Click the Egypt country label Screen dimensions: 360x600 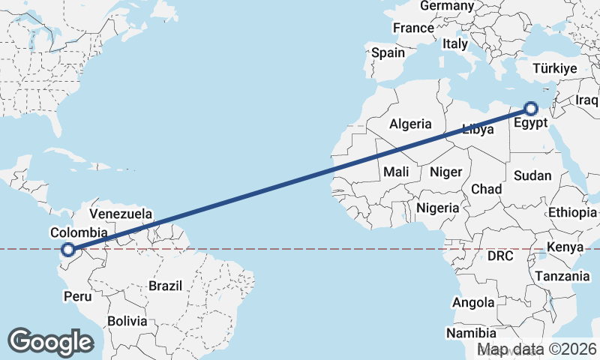tap(532, 123)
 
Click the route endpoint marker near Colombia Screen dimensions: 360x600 tap(68, 249)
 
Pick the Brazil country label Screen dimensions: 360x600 tap(166, 286)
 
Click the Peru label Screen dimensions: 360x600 tap(77, 296)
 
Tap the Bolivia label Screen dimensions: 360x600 tap(127, 321)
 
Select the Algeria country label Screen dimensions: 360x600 tap(410, 124)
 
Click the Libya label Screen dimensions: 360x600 tap(477, 129)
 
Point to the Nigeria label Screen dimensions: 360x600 tap(437, 207)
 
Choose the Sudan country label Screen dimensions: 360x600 tap(532, 175)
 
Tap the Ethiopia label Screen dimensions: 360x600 tap(572, 213)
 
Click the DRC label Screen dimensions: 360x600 tap(500, 256)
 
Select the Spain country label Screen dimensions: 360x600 tap(388, 53)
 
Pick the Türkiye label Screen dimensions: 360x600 tap(554, 68)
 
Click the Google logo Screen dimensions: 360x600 tap(50, 341)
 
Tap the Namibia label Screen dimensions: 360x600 tap(471, 332)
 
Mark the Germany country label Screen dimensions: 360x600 tap(447, 6)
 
